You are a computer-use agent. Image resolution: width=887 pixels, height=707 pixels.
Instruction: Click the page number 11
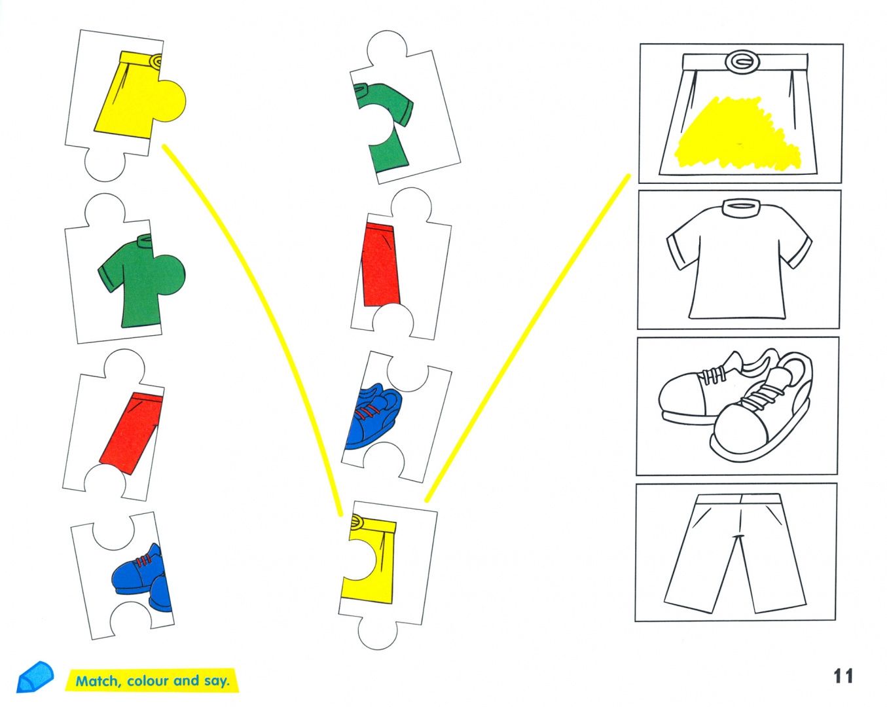coord(843,676)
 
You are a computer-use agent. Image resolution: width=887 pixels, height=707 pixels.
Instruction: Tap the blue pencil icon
coord(35,677)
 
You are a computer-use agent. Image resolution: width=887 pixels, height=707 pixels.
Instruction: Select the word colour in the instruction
coord(148,680)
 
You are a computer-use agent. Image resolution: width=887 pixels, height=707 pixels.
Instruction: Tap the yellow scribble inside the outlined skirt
coord(736,134)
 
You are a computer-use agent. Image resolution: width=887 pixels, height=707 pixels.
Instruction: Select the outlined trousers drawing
coord(736,553)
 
